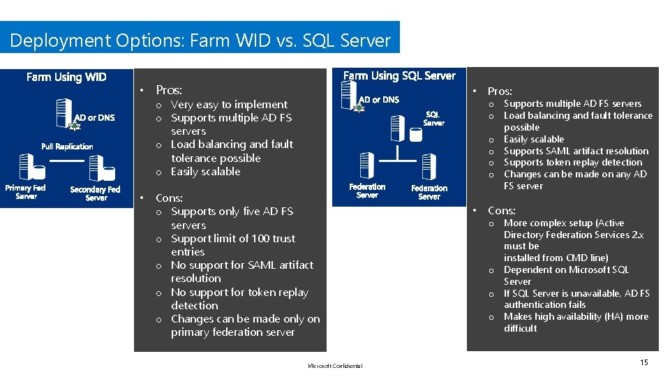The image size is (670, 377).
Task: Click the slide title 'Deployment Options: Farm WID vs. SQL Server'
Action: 200,40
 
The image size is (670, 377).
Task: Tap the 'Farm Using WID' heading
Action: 66,77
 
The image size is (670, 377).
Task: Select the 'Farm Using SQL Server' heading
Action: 399,75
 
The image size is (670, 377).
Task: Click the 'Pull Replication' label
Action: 67,147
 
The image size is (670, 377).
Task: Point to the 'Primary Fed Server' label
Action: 26,192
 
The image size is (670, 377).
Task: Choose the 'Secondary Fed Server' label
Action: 96,193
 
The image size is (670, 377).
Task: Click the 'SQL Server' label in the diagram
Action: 433,119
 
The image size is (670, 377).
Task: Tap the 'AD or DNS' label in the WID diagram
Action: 95,117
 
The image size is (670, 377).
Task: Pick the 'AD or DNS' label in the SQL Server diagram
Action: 380,100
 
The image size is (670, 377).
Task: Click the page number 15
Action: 643,362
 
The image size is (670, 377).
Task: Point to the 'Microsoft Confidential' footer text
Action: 335,366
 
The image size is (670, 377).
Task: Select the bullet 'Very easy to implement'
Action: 229,105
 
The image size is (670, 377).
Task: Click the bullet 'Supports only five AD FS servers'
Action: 232,218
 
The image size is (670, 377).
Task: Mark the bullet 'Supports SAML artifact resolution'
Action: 576,151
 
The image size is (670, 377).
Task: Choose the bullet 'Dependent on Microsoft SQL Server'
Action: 566,275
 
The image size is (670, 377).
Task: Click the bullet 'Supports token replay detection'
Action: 573,163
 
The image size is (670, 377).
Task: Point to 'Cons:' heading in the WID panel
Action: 169,198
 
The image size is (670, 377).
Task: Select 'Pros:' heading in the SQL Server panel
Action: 500,91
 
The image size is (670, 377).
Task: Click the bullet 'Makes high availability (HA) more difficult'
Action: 576,323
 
